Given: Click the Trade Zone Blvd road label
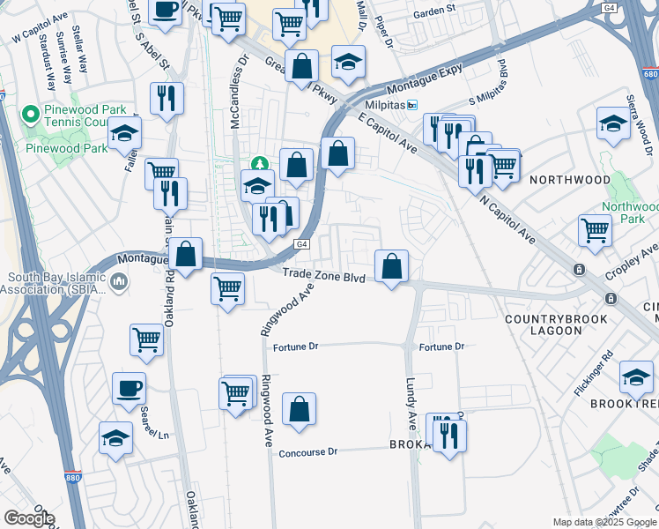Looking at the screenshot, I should [323, 277].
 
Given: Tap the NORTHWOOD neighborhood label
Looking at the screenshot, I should [570, 179].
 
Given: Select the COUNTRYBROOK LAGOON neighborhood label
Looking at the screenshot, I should [544, 324].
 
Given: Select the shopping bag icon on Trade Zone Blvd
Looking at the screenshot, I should [391, 265].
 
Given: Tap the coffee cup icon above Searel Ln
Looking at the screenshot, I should [129, 388].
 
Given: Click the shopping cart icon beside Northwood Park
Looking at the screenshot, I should [596, 231].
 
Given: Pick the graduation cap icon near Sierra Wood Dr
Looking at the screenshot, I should [612, 124].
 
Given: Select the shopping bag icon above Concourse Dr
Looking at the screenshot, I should [300, 409].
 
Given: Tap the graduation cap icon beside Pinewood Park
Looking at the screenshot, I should [125, 134].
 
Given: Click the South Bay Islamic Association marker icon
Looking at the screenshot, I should [120, 282].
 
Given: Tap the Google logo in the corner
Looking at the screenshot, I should [28, 518].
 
